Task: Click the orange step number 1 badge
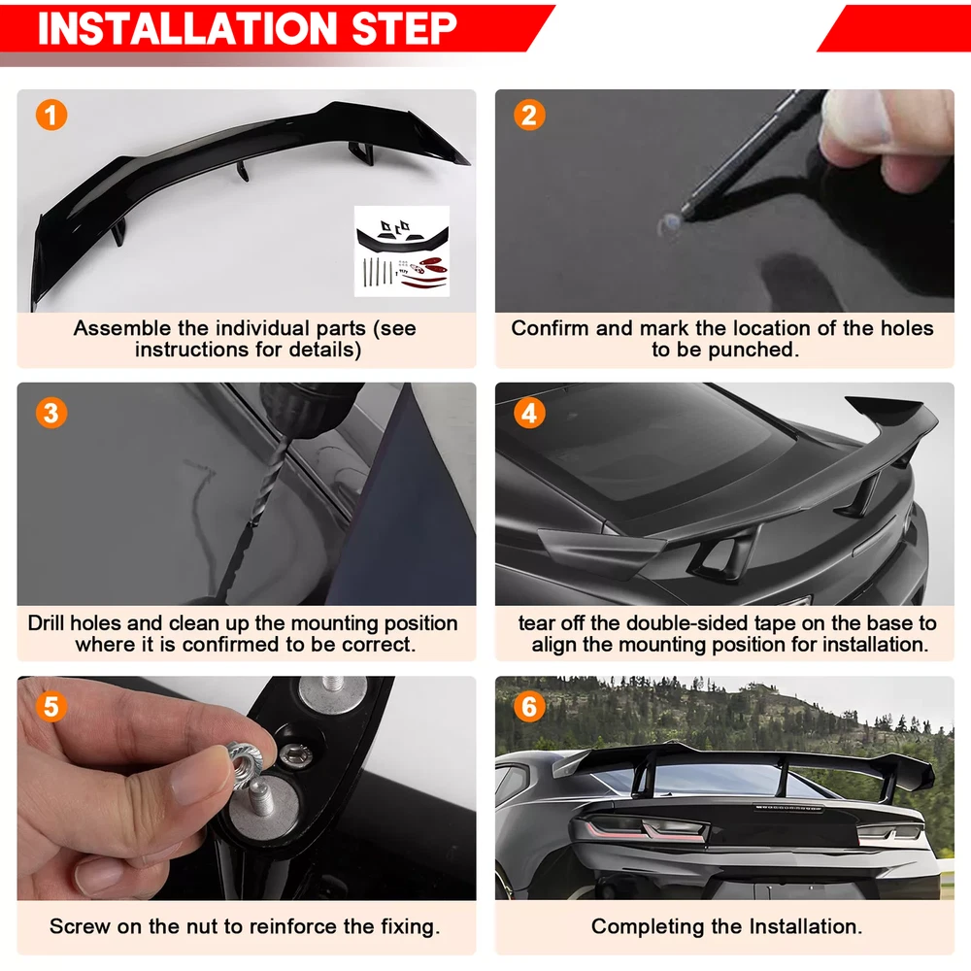coord(51,116)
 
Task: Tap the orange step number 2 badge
coord(529,116)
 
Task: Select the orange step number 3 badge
coord(51,413)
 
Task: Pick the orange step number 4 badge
coord(529,413)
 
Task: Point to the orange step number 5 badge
coord(51,707)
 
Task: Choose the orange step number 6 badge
coord(529,707)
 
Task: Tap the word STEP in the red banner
coord(404,28)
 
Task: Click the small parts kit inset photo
coord(402,251)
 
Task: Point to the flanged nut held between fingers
coord(246,760)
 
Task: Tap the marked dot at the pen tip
coord(669,225)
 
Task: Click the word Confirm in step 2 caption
coord(550,328)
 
